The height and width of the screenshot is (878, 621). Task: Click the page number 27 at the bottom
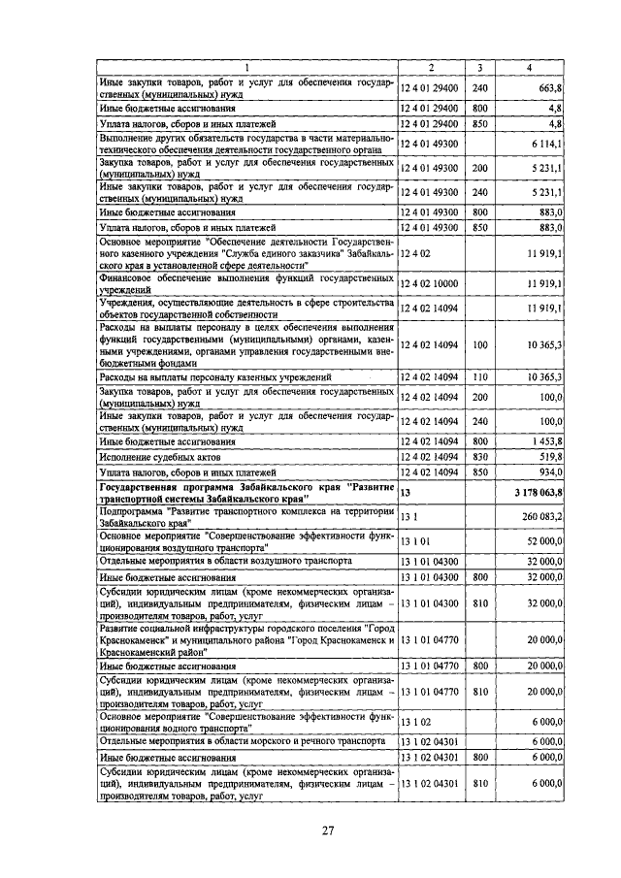[328, 829]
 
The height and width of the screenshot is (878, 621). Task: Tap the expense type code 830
[479, 457]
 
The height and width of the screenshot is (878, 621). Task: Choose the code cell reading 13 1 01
[416, 540]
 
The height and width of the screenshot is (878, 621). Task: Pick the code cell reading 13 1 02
[416, 722]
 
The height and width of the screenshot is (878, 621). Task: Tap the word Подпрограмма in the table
[132, 511]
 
